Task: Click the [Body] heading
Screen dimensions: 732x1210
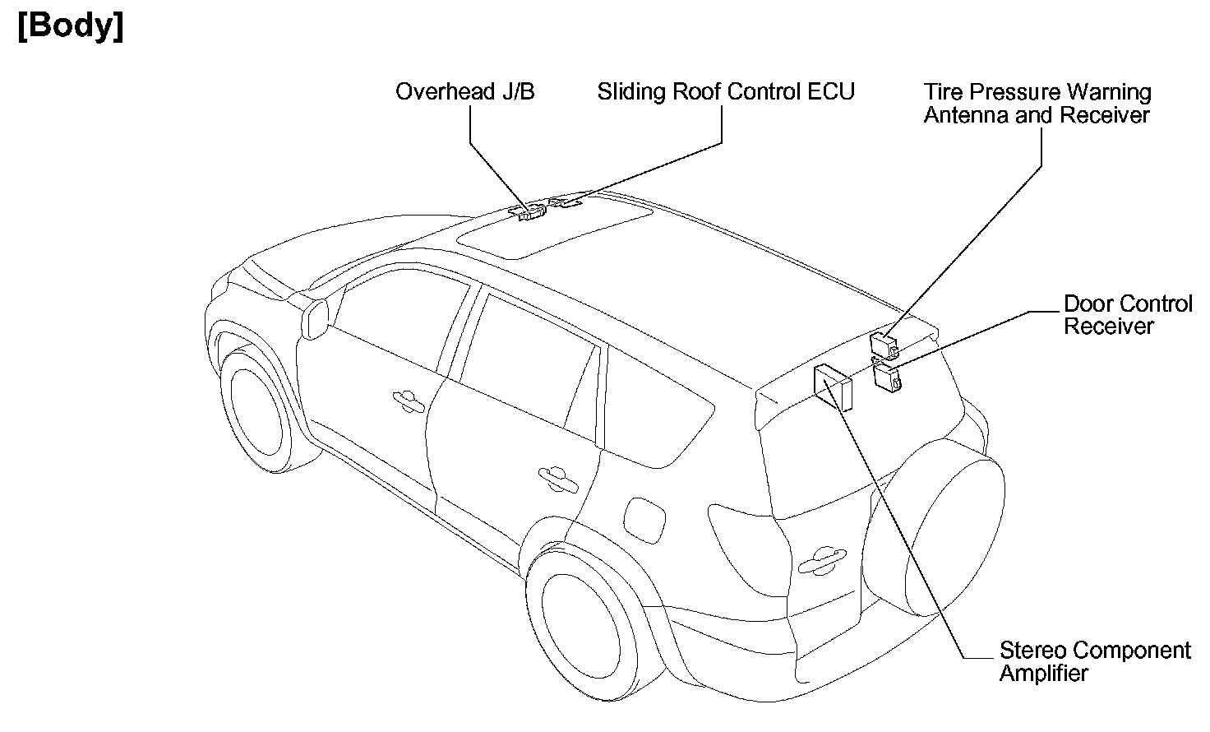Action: [x=71, y=26]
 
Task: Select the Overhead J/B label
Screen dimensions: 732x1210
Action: [x=464, y=91]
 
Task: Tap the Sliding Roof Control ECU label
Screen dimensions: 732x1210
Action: [x=726, y=91]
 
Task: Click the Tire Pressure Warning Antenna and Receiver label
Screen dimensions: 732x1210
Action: [x=1037, y=104]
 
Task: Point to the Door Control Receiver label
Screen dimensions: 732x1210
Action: [x=1127, y=315]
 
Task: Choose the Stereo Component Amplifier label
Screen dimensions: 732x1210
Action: [x=1094, y=661]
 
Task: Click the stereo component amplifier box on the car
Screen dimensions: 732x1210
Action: [x=834, y=387]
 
